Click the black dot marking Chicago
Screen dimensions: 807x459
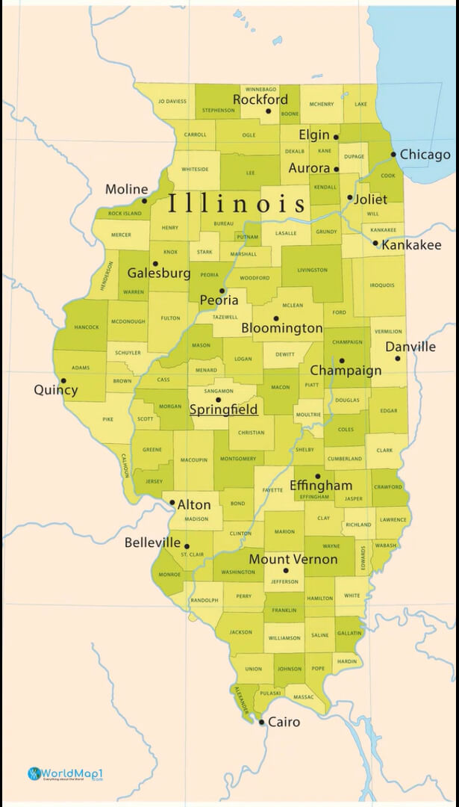click(393, 155)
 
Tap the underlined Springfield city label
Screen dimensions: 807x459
click(223, 409)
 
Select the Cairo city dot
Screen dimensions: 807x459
click(261, 722)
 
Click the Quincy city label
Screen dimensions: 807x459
click(55, 390)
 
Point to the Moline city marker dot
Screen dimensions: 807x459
click(145, 200)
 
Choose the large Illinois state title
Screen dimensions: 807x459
click(237, 203)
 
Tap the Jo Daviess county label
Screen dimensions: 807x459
click(172, 101)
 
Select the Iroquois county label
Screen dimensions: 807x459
click(381, 285)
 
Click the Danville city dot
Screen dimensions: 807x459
click(398, 359)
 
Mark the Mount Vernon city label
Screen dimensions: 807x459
click(293, 559)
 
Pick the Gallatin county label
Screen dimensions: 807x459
click(349, 633)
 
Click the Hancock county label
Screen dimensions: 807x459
click(87, 327)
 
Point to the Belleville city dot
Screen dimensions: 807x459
click(187, 546)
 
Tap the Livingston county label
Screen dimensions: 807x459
click(312, 270)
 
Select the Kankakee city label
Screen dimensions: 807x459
click(411, 245)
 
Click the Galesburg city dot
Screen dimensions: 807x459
click(155, 264)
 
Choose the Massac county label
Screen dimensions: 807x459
click(304, 697)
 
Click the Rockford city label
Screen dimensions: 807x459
click(260, 99)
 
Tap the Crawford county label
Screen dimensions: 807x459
click(387, 487)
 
